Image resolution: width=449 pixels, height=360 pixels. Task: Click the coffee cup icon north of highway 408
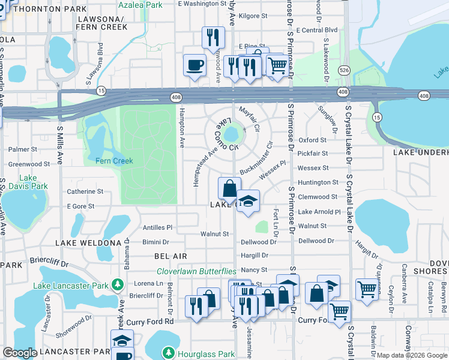pyautogui.click(x=194, y=65)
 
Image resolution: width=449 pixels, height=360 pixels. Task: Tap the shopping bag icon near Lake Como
pyautogui.click(x=229, y=188)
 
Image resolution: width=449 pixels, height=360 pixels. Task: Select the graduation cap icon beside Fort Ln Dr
pyautogui.click(x=247, y=201)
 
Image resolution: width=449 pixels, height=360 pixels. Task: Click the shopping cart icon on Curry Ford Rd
pyautogui.click(x=339, y=312)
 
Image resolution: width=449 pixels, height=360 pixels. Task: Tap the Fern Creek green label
pyautogui.click(x=114, y=161)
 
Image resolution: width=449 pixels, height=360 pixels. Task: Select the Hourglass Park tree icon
pyautogui.click(x=169, y=352)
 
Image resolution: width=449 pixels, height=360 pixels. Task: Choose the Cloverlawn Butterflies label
pyautogui.click(x=196, y=271)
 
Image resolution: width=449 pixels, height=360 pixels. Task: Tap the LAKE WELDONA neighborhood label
pyautogui.click(x=88, y=242)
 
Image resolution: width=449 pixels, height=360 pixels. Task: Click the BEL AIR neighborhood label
pyautogui.click(x=170, y=256)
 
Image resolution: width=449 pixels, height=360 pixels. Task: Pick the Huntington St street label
pyautogui.click(x=318, y=182)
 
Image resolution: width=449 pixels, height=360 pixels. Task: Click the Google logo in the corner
pyautogui.click(x=20, y=353)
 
